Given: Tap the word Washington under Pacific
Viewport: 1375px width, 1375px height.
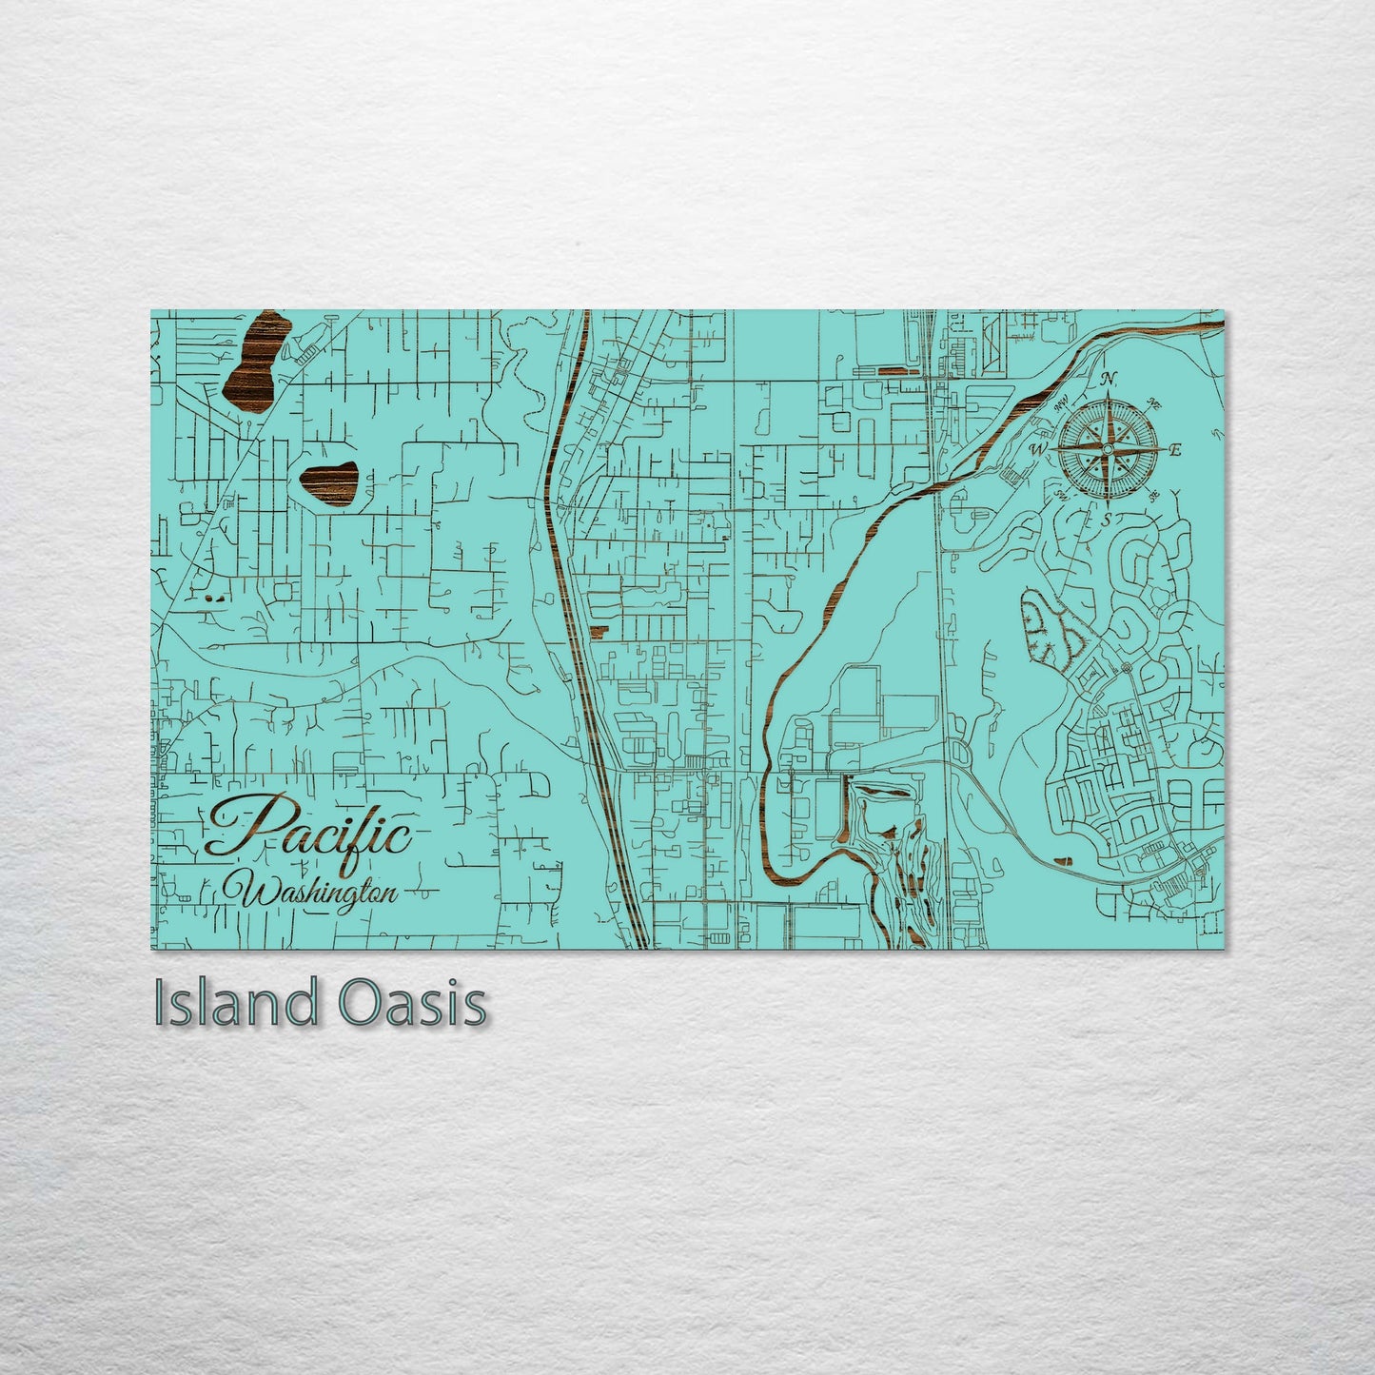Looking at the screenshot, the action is [x=319, y=893].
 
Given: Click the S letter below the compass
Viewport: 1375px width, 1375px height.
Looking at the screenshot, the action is [x=1106, y=520].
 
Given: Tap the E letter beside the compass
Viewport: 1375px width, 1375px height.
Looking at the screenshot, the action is [x=1175, y=450].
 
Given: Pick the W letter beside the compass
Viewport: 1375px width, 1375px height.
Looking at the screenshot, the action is [x=1039, y=448].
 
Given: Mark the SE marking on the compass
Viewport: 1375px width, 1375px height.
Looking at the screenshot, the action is [x=1154, y=495].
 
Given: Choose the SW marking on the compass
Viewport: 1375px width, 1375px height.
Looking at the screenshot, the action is [x=1061, y=496].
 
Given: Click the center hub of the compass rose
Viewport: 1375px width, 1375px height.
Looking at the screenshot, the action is [x=1108, y=448].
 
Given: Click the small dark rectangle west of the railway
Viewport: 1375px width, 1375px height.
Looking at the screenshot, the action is [x=598, y=630].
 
